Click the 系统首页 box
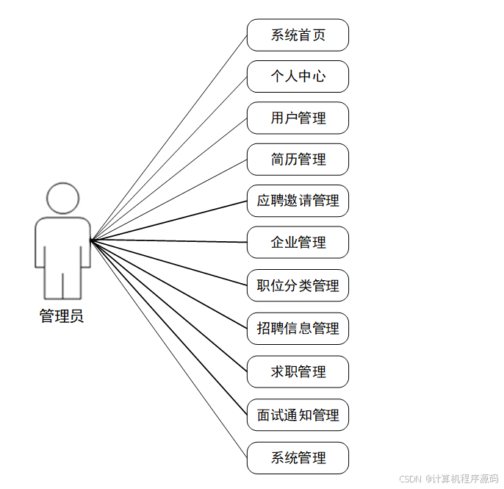point(298,35)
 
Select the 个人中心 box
point(298,76)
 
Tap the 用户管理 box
point(298,118)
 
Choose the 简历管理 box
point(298,160)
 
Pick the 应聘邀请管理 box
point(298,201)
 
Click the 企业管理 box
point(298,243)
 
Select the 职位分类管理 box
point(298,285)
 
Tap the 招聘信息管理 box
point(298,328)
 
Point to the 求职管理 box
point(298,371)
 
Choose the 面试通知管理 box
point(298,415)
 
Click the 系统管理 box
point(298,458)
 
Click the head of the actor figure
point(62,198)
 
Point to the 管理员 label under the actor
point(62,317)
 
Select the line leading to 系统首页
point(169,137)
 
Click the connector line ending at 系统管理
point(169,349)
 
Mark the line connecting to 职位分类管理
point(169,262)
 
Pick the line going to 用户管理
point(169,179)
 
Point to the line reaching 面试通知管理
point(169,327)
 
